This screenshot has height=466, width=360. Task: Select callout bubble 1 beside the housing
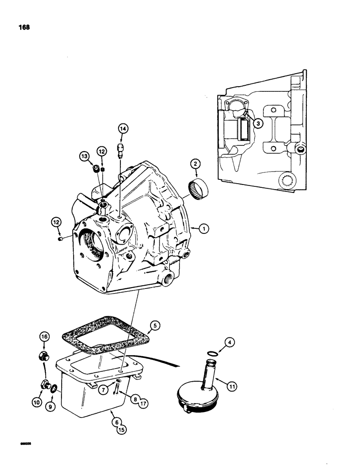[x=203, y=228]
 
